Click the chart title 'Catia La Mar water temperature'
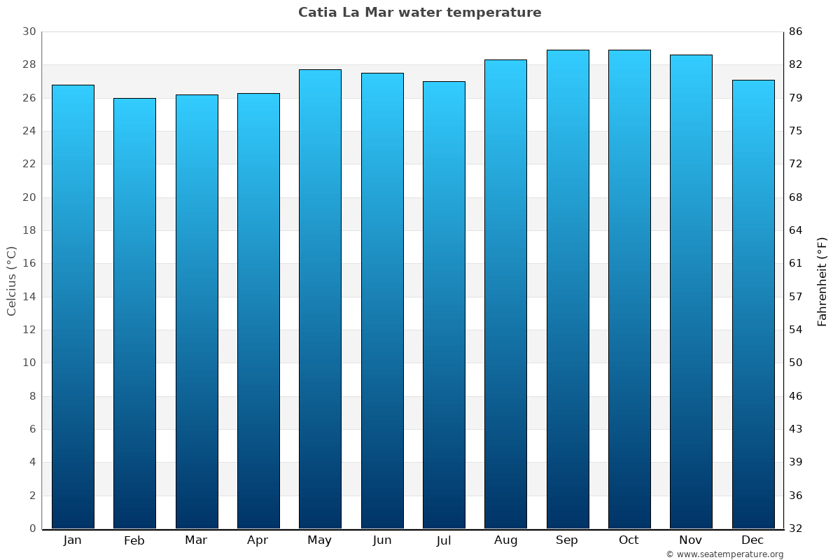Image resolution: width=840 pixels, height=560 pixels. (419, 13)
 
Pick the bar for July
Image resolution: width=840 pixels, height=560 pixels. (444, 305)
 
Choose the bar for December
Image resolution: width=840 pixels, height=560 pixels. (753, 304)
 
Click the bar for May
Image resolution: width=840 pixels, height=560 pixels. (320, 299)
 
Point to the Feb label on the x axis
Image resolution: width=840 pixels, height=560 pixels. (134, 540)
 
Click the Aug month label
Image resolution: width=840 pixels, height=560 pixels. (505, 540)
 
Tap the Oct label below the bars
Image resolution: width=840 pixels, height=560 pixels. (629, 540)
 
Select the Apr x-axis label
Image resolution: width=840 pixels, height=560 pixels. (258, 540)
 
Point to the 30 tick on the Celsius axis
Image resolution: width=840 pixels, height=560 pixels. (29, 32)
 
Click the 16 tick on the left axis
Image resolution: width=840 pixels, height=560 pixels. (29, 264)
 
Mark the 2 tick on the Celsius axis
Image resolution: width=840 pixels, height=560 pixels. (32, 496)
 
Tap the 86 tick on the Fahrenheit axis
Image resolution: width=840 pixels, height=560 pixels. (796, 32)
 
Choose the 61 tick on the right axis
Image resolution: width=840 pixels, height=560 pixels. (796, 264)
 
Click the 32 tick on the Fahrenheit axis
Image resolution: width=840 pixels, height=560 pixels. (796, 528)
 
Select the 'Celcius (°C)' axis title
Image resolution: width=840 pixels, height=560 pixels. (12, 281)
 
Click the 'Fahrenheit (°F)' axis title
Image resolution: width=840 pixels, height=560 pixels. (822, 281)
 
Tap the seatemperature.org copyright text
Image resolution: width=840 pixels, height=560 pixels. (724, 554)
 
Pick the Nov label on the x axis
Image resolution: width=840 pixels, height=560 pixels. (691, 540)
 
